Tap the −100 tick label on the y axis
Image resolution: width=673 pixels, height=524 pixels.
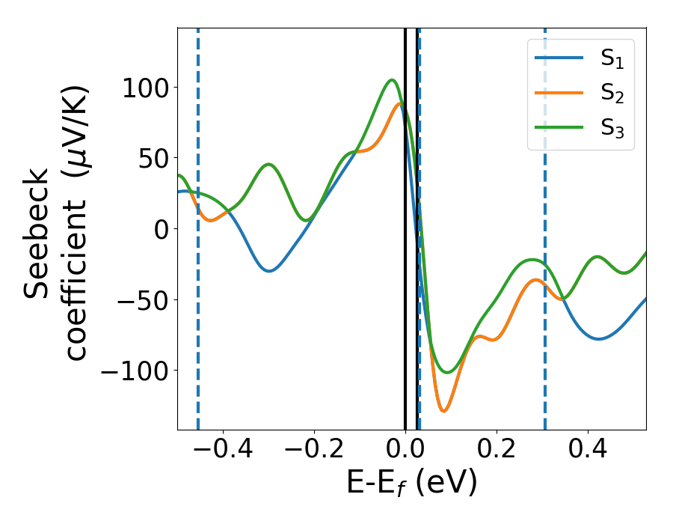[x=129, y=371]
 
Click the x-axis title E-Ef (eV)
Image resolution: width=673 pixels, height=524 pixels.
[x=411, y=484]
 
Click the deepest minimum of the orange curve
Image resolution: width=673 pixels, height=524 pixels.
[x=443, y=411]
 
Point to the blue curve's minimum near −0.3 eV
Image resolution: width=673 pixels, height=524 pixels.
[x=269, y=271]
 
